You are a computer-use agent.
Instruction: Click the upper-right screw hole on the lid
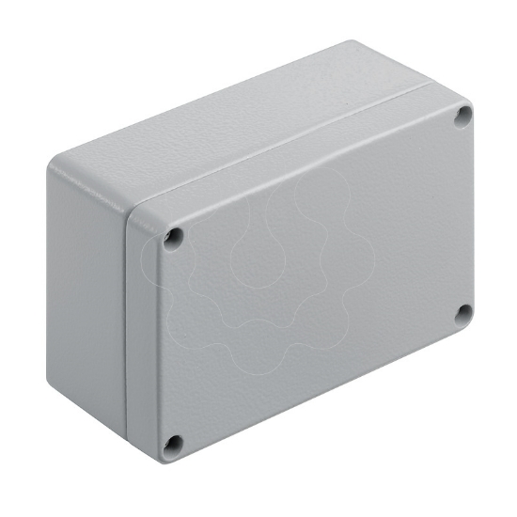coord(462,116)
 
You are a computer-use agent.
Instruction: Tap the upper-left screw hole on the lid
coord(172,239)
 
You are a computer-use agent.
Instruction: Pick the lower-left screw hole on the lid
coord(172,443)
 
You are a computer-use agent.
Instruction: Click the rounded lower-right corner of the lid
coord(468,329)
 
